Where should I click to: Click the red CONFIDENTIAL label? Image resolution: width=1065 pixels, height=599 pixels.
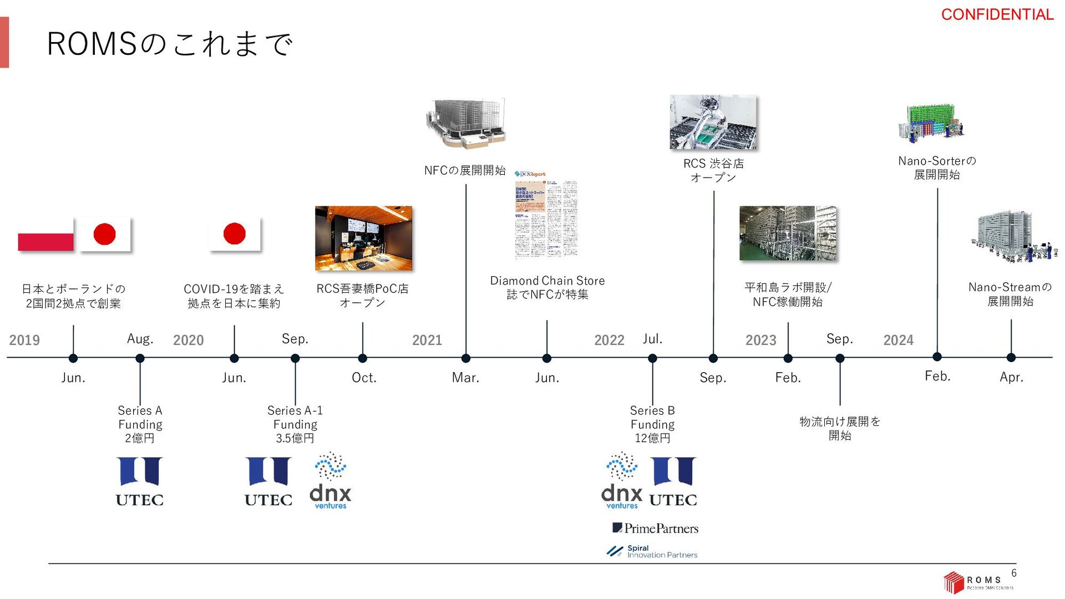click(x=997, y=14)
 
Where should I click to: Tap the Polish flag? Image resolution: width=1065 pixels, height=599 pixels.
click(x=45, y=234)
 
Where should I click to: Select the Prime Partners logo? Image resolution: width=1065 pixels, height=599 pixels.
click(x=655, y=528)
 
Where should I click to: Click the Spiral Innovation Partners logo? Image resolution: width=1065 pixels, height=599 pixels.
click(x=652, y=551)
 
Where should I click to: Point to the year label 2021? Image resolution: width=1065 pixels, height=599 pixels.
click(x=427, y=340)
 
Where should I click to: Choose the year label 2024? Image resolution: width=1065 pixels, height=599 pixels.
click(x=898, y=340)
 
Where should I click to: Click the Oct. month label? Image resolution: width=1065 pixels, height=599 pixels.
click(x=364, y=378)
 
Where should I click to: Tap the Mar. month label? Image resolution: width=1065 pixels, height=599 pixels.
click(x=465, y=378)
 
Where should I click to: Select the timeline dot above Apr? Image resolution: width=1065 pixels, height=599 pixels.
click(x=1011, y=358)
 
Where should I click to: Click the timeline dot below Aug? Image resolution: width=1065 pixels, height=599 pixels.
click(x=140, y=358)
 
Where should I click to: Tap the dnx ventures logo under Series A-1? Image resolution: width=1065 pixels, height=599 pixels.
click(x=331, y=480)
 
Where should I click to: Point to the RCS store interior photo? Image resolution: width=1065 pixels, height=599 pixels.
click(x=363, y=238)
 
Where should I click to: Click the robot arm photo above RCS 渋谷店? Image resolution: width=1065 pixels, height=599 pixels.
click(x=713, y=122)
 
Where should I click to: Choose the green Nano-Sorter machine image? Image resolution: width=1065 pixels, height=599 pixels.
click(x=932, y=123)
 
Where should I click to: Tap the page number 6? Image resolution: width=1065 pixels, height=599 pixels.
click(x=1014, y=573)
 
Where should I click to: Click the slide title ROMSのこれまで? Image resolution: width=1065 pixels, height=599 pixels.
click(x=169, y=44)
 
